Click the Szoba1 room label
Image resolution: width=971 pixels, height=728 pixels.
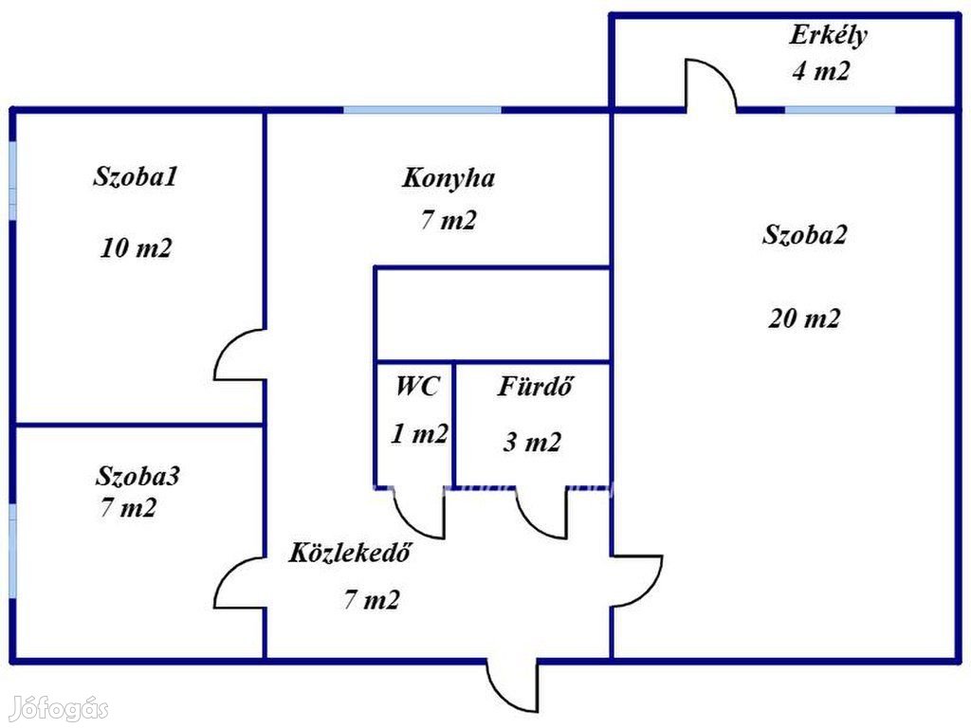pyautogui.click(x=136, y=176)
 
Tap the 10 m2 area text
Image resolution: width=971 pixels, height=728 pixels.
pyautogui.click(x=136, y=248)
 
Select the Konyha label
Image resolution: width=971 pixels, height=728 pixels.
pyautogui.click(x=449, y=177)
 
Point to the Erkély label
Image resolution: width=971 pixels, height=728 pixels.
pyautogui.click(x=828, y=36)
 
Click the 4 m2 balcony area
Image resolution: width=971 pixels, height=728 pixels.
pyautogui.click(x=821, y=70)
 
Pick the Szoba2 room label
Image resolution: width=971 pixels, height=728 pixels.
pyautogui.click(x=804, y=235)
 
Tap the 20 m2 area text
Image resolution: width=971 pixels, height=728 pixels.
pyautogui.click(x=804, y=318)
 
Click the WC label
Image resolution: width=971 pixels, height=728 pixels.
pyautogui.click(x=416, y=386)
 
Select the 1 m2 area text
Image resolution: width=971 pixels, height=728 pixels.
pyautogui.click(x=419, y=434)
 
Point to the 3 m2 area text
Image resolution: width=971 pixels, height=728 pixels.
pyautogui.click(x=532, y=442)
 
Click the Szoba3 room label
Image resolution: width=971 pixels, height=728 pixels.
pyautogui.click(x=138, y=476)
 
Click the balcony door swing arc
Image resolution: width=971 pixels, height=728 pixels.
pyautogui.click(x=710, y=83)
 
